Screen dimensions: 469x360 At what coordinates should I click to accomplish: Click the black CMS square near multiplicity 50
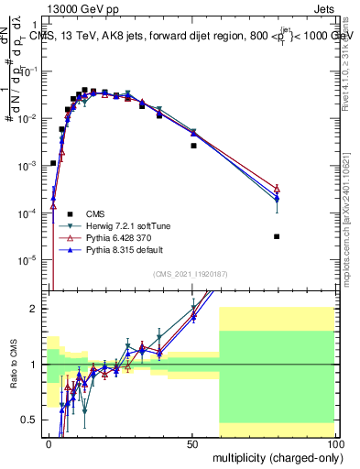coord(193,146)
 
